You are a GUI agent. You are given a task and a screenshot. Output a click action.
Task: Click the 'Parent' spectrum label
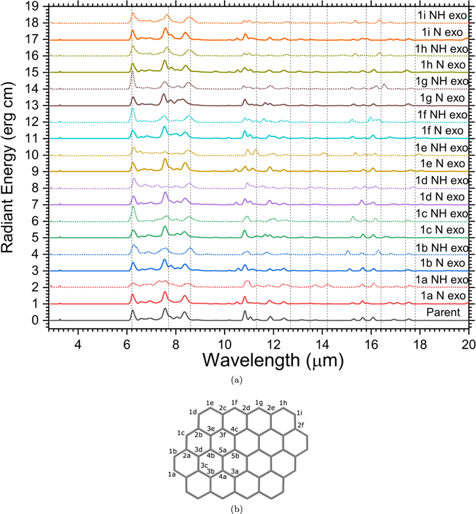(443, 312)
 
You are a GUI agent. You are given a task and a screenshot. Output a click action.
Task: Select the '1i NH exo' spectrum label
(443, 15)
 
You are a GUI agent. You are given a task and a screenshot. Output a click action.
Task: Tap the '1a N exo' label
(443, 295)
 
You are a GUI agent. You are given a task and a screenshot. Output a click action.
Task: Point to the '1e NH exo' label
(442, 148)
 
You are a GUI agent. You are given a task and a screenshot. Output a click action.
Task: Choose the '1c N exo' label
(443, 230)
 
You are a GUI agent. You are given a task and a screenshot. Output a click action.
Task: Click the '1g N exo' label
(443, 98)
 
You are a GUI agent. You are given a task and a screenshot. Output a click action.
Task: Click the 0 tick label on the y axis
(35, 320)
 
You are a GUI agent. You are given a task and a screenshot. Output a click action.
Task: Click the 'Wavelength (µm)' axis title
(273, 360)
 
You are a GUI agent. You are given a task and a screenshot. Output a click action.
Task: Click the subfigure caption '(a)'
(237, 380)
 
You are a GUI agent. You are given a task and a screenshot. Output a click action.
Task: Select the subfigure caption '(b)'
(237, 509)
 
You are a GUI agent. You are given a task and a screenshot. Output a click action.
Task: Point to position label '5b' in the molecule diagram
(235, 456)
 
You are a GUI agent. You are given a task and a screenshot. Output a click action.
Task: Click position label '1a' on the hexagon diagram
(172, 474)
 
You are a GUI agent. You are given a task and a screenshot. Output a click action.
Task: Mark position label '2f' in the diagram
(301, 425)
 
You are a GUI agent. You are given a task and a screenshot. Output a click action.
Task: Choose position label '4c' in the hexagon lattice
(234, 429)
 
